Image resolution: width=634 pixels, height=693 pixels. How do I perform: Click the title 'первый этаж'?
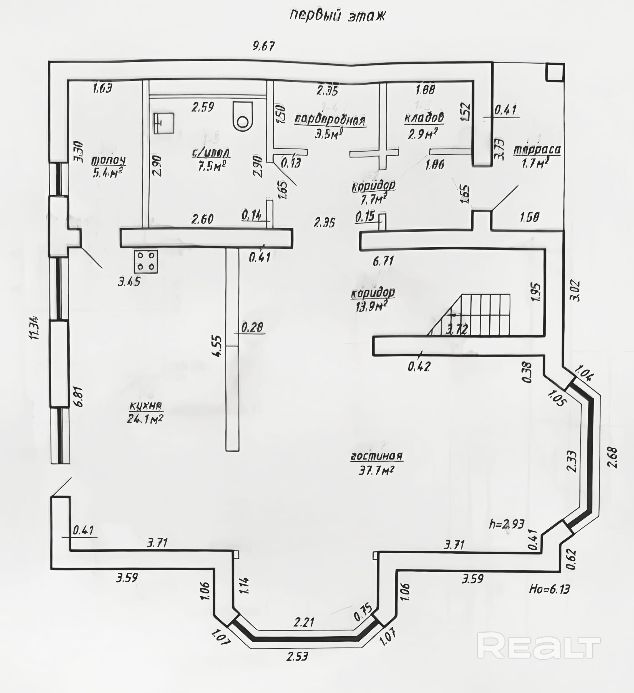coord(338,16)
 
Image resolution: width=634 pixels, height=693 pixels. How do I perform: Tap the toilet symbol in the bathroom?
coord(243,116)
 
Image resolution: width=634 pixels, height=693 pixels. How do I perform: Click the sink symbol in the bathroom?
coord(163,123)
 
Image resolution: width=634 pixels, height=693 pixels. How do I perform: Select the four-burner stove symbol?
coord(146,261)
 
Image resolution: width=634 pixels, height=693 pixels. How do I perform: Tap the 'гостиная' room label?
coord(377,456)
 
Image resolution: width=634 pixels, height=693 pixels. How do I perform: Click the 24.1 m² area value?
coord(145,419)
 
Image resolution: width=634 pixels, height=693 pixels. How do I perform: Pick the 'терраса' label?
coord(537,150)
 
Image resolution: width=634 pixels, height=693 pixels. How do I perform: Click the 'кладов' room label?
coord(424,118)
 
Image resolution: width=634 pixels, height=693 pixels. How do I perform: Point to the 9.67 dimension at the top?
coord(264,46)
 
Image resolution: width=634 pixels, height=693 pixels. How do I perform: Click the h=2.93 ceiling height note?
coord(507,524)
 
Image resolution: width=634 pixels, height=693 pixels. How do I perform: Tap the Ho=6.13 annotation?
coord(549,589)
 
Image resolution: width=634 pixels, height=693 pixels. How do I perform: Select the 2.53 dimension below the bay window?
coord(298,656)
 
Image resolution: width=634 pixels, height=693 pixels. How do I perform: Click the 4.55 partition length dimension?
coord(218,346)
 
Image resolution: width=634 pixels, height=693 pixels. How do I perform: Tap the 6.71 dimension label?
coord(383,261)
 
